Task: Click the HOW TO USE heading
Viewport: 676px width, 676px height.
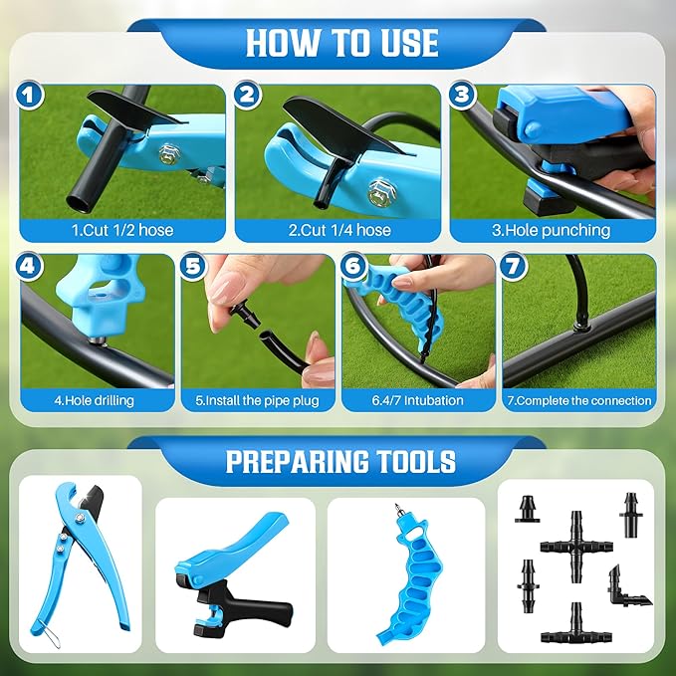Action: point(341,43)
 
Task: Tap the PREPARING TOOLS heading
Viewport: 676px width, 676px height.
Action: point(340,462)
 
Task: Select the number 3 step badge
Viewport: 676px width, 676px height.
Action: point(460,97)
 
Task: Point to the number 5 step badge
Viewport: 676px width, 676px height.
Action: point(194,267)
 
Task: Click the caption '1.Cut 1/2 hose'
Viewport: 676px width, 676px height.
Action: point(122,230)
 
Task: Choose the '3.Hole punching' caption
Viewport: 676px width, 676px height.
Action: point(553,230)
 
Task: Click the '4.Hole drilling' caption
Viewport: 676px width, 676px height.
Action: point(94,401)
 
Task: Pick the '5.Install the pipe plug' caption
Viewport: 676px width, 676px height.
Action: point(258,401)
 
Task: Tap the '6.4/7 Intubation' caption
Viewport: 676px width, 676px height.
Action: point(417,401)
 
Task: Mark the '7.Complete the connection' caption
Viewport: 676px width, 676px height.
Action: point(578,401)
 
